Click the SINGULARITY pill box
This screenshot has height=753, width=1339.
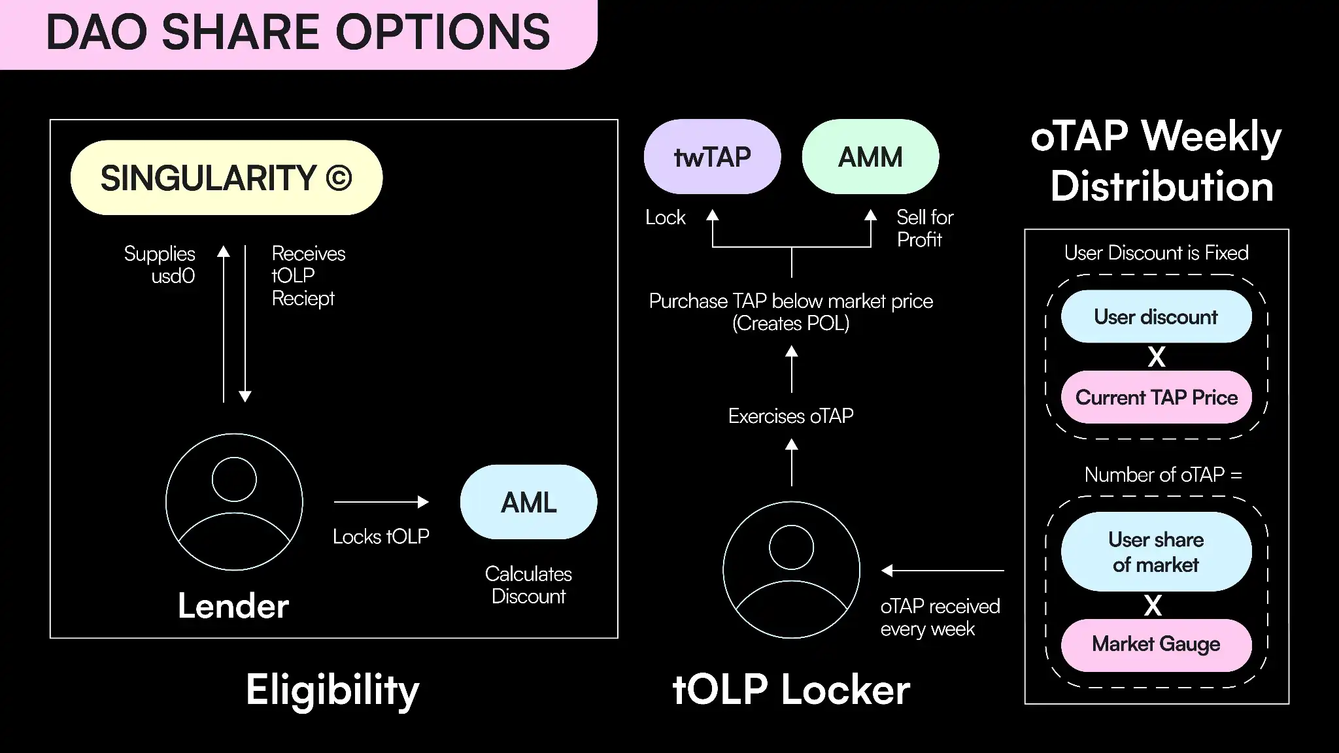point(226,178)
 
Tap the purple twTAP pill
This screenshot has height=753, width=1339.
point(712,157)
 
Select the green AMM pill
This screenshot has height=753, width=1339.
point(870,157)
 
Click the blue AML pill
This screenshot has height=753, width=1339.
point(528,502)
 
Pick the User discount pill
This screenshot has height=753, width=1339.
point(1156,317)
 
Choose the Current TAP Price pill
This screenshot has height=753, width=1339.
point(1156,397)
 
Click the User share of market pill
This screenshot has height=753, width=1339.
point(1156,552)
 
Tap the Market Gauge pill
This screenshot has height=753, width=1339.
point(1156,644)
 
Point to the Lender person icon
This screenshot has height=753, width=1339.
point(234,502)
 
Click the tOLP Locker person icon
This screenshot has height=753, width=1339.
point(791,570)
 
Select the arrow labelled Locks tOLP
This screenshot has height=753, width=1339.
point(381,502)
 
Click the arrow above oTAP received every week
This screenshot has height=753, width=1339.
point(942,571)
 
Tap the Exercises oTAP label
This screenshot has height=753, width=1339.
point(791,416)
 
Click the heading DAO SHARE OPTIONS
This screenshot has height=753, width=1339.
point(298,33)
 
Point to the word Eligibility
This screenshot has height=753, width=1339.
point(332,690)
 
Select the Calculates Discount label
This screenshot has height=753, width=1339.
point(528,585)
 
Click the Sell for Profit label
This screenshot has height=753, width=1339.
point(924,228)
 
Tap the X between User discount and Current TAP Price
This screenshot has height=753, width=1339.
point(1156,357)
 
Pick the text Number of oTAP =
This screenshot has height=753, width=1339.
point(1162,475)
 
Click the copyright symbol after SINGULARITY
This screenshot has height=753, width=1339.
point(339,178)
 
